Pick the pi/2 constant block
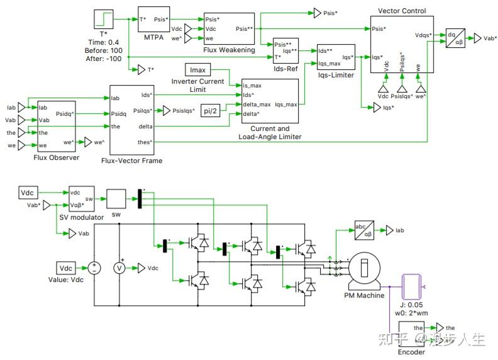(x=209, y=111)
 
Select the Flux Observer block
(x=57, y=126)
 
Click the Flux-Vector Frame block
(x=131, y=120)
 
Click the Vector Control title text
(x=402, y=11)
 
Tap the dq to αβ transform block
(x=454, y=38)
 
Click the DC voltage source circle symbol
(x=94, y=268)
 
